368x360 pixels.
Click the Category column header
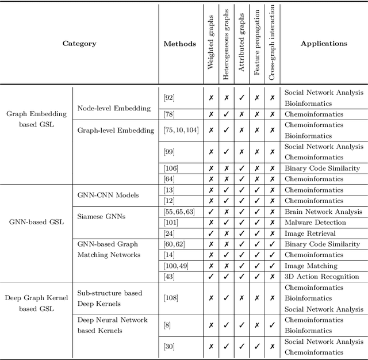tap(79, 44)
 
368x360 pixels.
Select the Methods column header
tap(179, 44)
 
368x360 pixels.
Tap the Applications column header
tap(324, 44)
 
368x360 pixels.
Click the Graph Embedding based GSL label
tap(36, 119)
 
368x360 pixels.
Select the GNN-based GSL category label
tap(36, 222)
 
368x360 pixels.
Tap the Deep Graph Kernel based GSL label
tap(36, 303)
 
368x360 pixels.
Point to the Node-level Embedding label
tap(114, 108)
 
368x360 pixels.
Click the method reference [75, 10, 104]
tap(181, 131)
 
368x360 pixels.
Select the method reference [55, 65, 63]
tap(179, 212)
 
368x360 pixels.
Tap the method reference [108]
tap(171, 298)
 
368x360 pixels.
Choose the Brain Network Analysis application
tap(324, 212)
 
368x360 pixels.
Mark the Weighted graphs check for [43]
tap(211, 277)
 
